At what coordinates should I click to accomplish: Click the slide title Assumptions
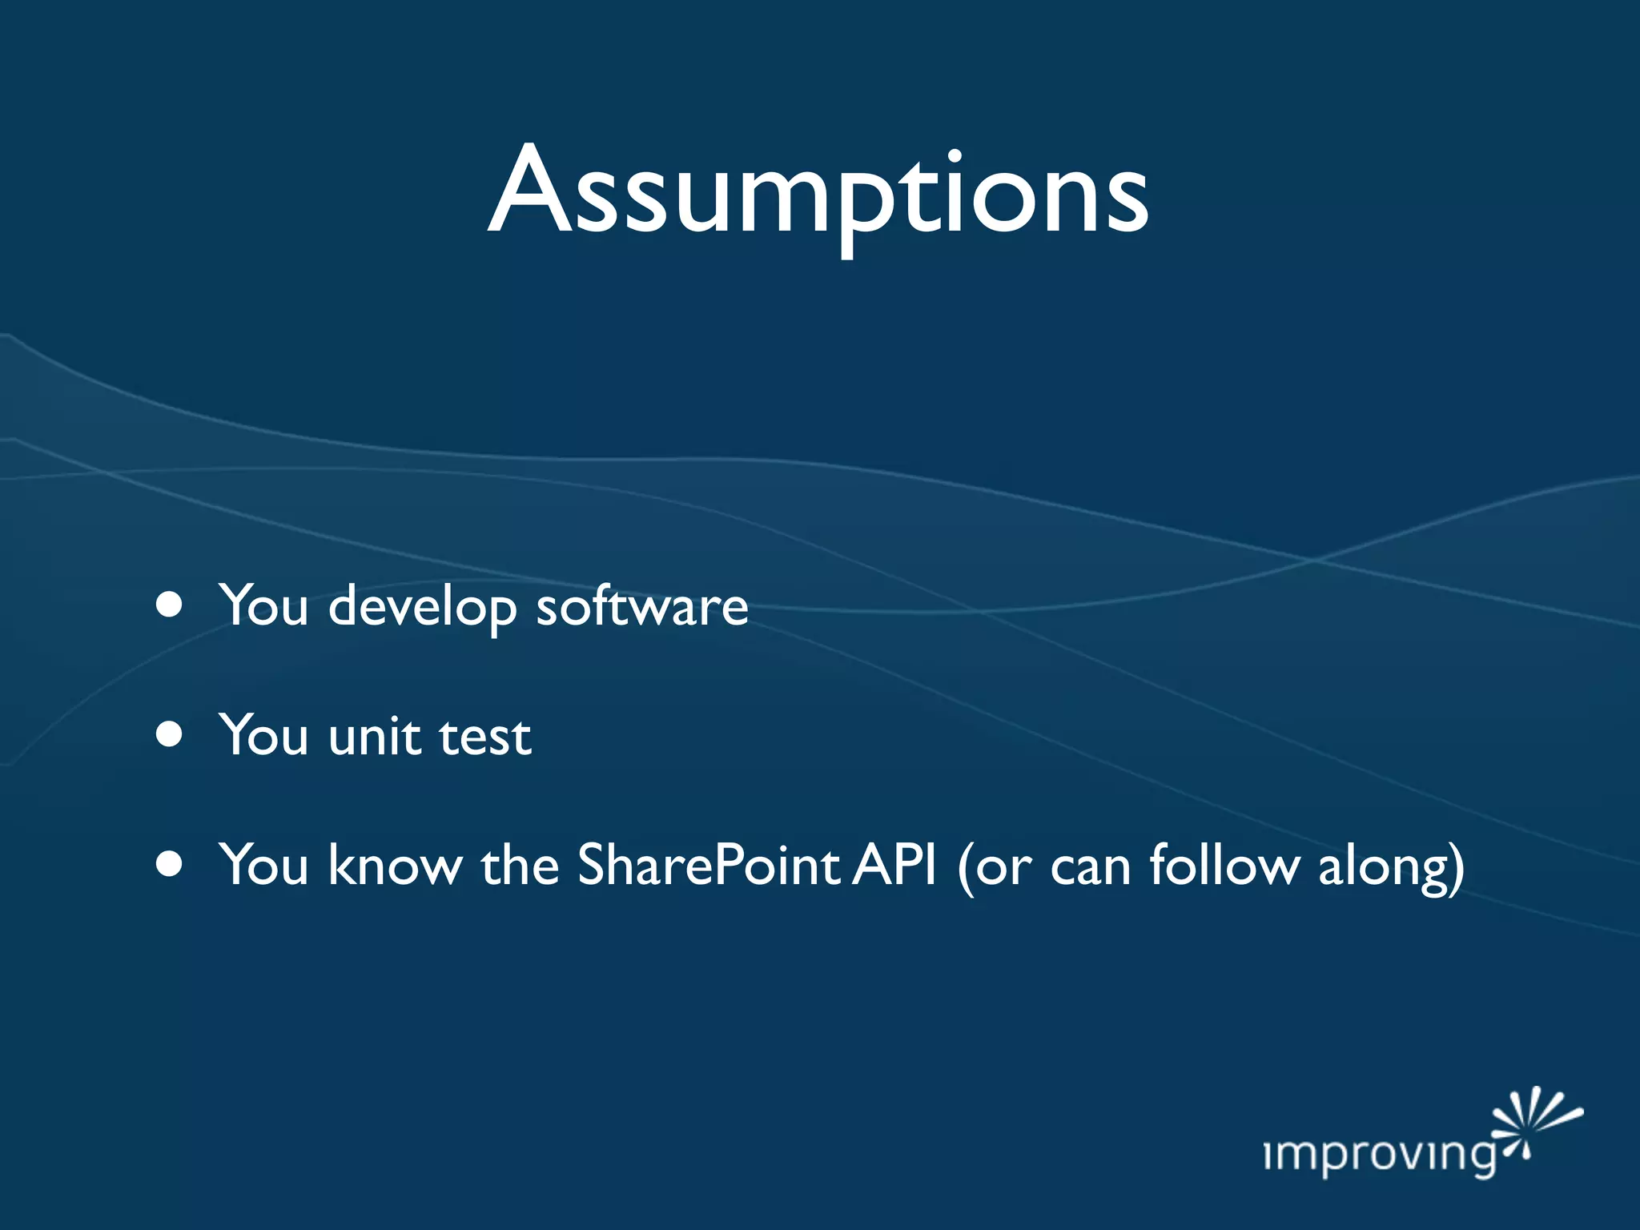[818, 192]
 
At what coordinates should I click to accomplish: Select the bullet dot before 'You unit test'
[169, 734]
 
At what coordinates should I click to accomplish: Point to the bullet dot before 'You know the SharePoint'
[169, 864]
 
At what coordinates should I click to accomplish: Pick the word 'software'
[641, 606]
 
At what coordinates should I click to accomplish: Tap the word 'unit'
[374, 736]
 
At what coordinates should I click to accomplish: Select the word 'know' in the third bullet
[395, 866]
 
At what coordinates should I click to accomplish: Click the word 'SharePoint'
[708, 866]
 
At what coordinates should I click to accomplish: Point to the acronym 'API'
[894, 866]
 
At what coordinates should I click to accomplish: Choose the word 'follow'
[1224, 866]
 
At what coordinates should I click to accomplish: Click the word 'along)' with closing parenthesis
[1391, 869]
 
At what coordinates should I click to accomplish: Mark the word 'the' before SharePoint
[519, 866]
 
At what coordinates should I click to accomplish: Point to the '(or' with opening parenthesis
[994, 867]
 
